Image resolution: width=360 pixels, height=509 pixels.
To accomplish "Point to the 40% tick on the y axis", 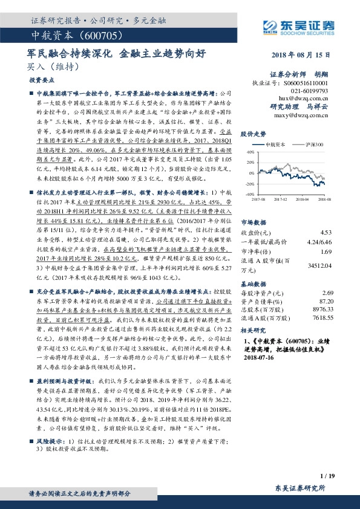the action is (249, 154).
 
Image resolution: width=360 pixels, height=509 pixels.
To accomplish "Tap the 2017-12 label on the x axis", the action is (280, 198).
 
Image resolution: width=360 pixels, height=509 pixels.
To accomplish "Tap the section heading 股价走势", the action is (254, 134).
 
